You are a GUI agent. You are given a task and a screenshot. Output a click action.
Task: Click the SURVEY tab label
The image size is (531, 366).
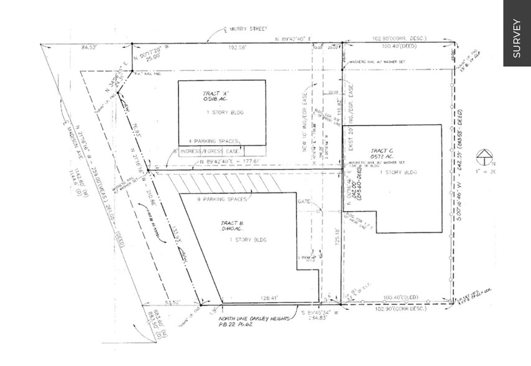click(517, 39)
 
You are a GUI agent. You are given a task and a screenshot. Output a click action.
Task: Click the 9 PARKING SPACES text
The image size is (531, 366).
click(221, 199)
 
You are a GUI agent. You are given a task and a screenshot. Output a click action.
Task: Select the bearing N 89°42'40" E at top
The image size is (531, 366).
click(297, 39)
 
